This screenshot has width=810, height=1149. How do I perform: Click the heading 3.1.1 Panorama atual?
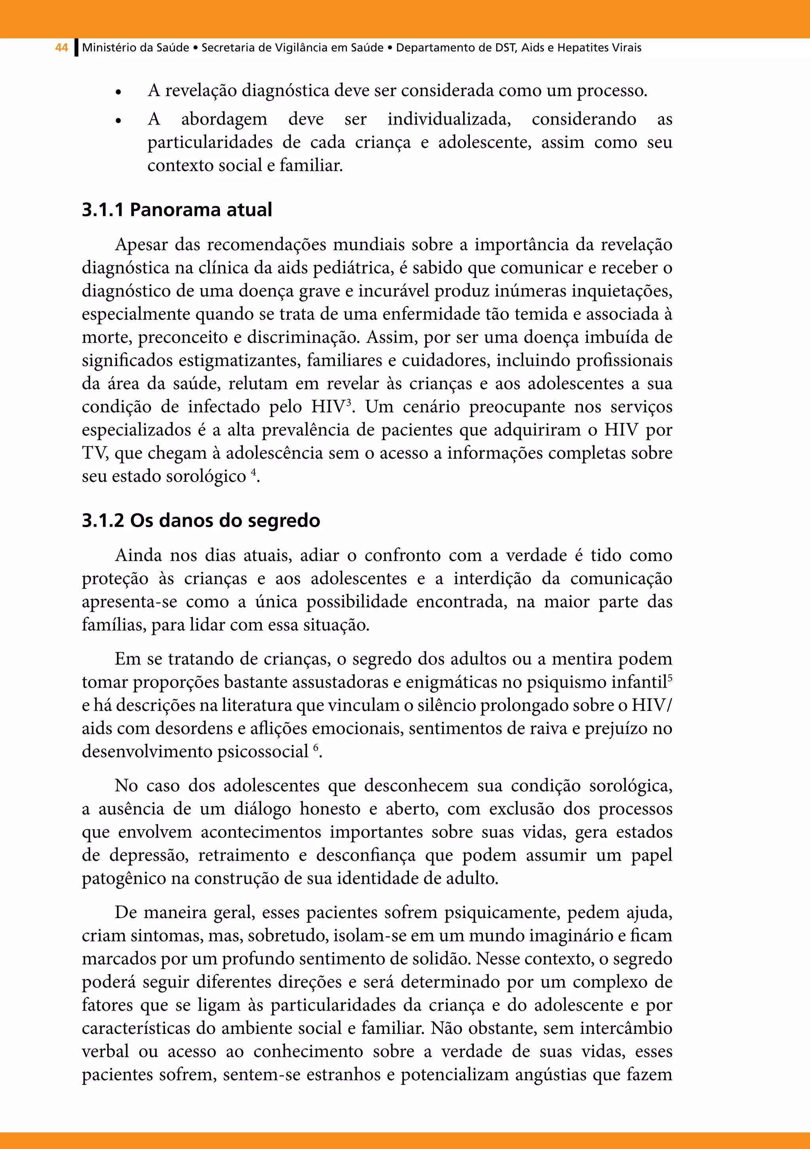point(177,209)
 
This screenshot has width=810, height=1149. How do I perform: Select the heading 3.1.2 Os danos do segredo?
point(201,520)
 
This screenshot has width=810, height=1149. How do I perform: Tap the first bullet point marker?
point(118,93)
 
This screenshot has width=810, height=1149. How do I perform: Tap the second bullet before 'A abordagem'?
point(118,121)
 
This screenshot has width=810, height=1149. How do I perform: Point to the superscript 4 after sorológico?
point(253,471)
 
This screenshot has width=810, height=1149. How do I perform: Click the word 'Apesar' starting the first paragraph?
point(141,245)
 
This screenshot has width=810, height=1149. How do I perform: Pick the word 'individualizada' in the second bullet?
point(449,119)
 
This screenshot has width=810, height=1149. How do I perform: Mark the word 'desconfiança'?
point(365,855)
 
